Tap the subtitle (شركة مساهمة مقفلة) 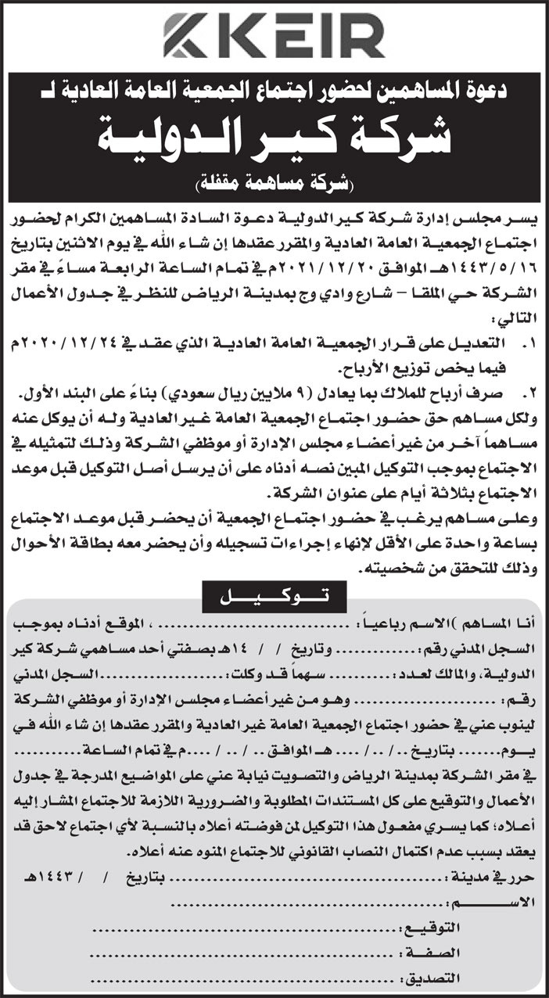coord(274,186)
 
